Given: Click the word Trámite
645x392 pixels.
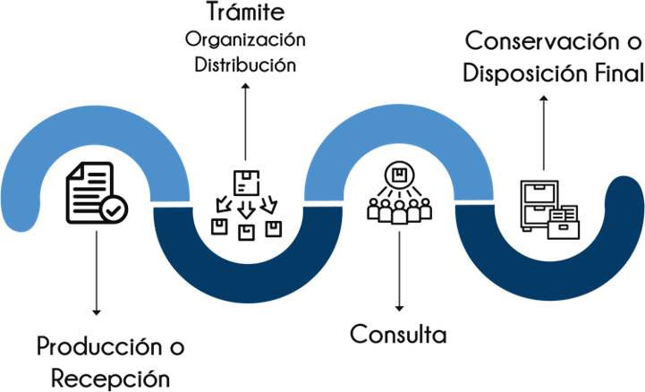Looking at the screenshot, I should [243, 13].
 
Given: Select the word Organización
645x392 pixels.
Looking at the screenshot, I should [243, 41].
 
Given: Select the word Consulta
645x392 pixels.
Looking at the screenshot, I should [397, 335].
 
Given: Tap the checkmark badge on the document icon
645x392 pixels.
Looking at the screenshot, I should [114, 210].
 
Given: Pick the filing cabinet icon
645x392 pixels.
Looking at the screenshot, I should [547, 208].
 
